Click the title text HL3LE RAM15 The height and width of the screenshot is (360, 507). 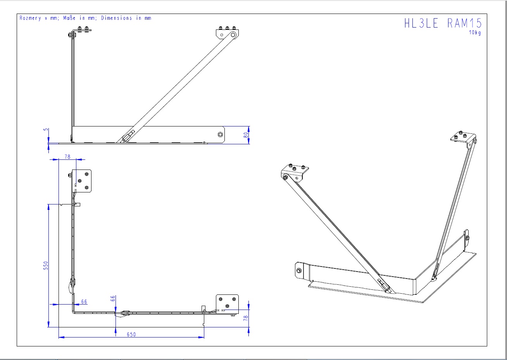coord(443,23)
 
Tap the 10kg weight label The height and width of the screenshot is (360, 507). coord(475,33)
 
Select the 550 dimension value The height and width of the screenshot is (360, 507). coord(46,265)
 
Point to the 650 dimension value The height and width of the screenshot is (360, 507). coord(131,334)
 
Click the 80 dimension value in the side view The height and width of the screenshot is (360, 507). coord(246,135)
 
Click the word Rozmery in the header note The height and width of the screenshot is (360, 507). coord(30,18)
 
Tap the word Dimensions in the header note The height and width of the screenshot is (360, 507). coord(116,18)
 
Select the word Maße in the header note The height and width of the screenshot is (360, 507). coord(70,18)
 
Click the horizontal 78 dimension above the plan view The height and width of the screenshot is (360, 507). coord(67,157)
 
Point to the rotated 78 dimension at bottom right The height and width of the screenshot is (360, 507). coord(246,318)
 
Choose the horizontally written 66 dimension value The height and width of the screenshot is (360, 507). coord(84,301)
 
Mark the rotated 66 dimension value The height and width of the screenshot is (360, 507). coord(113,299)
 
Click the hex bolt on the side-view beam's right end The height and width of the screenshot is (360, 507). coord(220,135)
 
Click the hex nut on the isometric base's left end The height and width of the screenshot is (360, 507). coord(299,270)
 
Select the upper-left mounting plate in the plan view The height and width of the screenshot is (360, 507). coord(82,180)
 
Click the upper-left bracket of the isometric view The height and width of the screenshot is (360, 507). coord(295,171)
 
